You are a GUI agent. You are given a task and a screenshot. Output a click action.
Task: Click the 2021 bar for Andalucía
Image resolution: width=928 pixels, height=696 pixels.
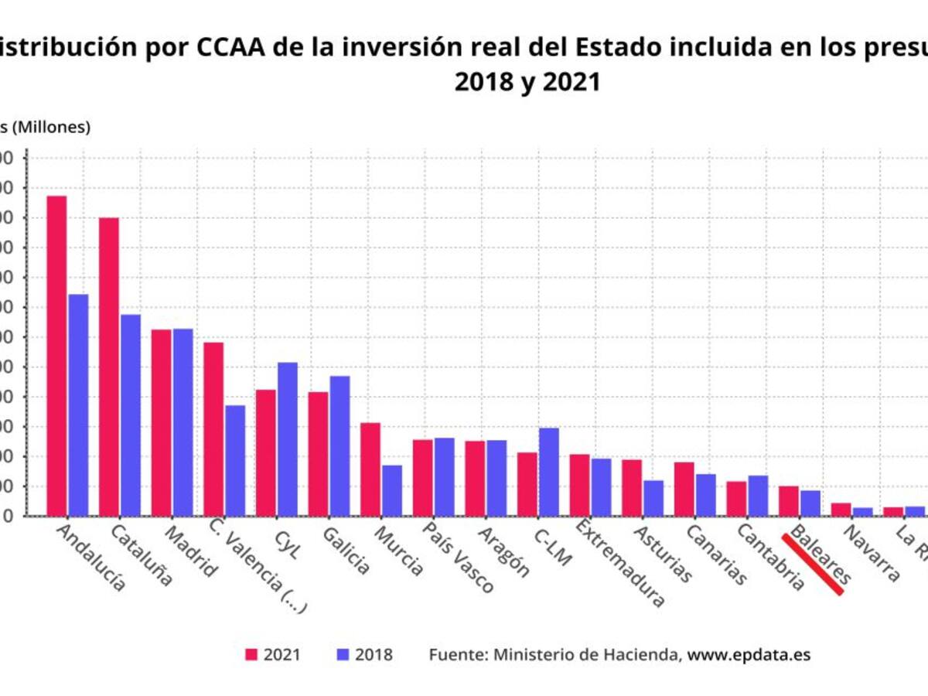[56, 356]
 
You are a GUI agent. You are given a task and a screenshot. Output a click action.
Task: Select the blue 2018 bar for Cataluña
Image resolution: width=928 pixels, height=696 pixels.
[131, 415]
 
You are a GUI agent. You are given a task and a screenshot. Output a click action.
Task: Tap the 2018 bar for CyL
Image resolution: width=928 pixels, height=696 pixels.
[288, 438]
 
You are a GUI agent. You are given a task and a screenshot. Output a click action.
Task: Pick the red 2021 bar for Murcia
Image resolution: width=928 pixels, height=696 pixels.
[370, 469]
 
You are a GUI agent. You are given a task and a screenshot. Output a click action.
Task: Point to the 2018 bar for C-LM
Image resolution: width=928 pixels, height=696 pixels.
[549, 472]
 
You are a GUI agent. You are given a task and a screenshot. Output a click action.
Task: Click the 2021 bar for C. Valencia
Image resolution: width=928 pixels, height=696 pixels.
[213, 428]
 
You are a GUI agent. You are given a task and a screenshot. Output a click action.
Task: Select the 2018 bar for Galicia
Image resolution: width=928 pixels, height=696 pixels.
[340, 445]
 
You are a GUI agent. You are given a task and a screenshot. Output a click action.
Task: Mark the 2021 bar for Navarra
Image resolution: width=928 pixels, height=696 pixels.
[841, 510]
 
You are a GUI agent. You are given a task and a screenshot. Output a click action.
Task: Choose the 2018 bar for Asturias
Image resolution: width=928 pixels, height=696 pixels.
[653, 498]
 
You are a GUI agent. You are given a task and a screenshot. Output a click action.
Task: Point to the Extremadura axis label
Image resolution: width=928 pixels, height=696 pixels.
[619, 568]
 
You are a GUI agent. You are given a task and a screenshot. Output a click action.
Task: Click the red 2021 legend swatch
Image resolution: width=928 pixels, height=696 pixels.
[251, 655]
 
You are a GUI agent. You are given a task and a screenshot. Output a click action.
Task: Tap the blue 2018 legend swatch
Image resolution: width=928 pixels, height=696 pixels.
[343, 655]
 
